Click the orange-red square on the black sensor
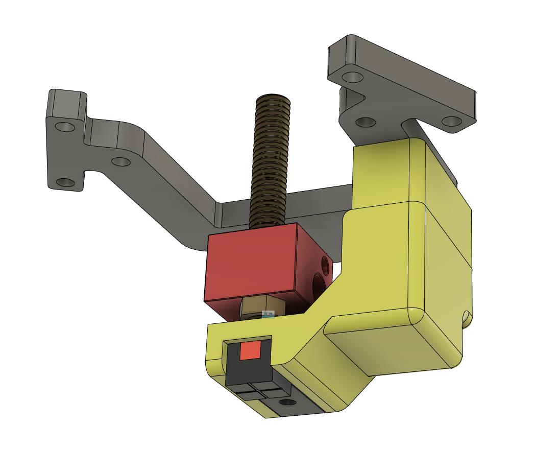(x=250, y=350)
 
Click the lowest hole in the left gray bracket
(x=64, y=182)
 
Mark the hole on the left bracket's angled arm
(x=120, y=161)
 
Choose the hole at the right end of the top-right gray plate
(x=451, y=121)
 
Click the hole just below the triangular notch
(x=364, y=122)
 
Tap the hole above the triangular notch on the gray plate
(x=351, y=77)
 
